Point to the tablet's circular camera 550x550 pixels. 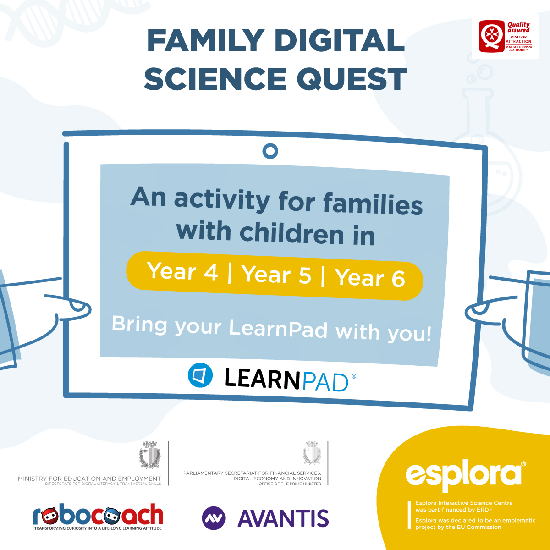pyautogui.click(x=270, y=151)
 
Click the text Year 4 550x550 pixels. pyautogui.click(x=182, y=271)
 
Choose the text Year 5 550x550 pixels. pyautogui.click(x=276, y=275)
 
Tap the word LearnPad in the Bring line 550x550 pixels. pyautogui.click(x=278, y=329)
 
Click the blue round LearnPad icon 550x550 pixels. pyautogui.click(x=200, y=375)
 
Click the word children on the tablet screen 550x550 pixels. pyautogui.click(x=292, y=233)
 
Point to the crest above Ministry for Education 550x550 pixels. pyautogui.click(x=149, y=455)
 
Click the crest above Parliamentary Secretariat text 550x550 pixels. pyautogui.click(x=312, y=453)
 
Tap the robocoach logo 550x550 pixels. pyautogui.click(x=98, y=517)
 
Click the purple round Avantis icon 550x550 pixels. pyautogui.click(x=214, y=518)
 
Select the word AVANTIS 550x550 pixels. pyautogui.click(x=283, y=518)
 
